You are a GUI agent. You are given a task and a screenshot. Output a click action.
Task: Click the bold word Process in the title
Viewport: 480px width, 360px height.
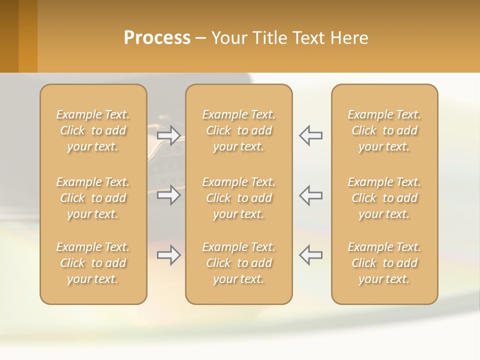click(157, 38)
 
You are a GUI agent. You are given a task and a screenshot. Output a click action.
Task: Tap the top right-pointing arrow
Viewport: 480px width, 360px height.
click(168, 135)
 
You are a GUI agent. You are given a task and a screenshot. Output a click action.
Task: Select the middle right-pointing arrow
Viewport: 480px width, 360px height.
click(168, 195)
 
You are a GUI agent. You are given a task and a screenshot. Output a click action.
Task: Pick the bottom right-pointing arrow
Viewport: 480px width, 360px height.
click(168, 255)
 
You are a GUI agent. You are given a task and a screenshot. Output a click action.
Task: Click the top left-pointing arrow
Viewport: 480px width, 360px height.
click(310, 135)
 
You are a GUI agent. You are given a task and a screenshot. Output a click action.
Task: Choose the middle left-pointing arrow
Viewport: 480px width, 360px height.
click(310, 195)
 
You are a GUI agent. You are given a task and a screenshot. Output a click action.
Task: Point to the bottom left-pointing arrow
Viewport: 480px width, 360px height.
click(310, 255)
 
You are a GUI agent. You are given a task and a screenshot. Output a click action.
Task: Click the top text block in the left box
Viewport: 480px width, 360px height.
click(93, 130)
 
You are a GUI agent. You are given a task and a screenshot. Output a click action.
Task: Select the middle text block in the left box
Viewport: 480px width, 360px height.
click(93, 198)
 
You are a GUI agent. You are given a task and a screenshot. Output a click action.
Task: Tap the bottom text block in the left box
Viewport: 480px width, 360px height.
click(93, 263)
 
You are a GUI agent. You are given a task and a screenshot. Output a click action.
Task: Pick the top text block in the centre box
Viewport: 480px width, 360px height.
click(238, 130)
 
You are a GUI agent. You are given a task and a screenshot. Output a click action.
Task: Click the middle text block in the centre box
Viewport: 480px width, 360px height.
click(238, 198)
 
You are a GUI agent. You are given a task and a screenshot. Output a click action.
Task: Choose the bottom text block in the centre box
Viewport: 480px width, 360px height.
click(238, 263)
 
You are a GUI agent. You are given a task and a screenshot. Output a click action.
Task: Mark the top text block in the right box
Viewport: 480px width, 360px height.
click(384, 130)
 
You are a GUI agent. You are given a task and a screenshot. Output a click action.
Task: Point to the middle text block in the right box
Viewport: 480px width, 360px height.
click(384, 198)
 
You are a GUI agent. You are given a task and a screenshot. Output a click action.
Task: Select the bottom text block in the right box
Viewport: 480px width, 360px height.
click(384, 263)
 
